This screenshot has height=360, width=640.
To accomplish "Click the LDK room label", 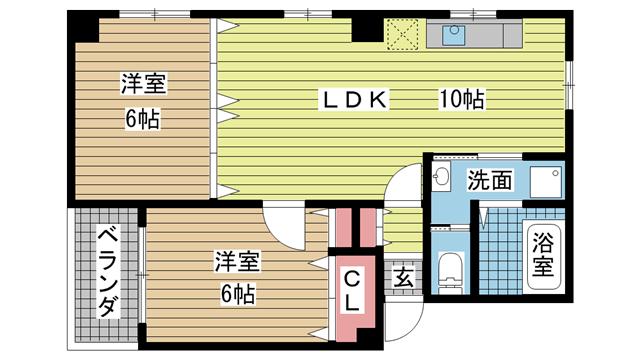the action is tap(354, 100).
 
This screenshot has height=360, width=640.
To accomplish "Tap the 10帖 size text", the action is tap(462, 100).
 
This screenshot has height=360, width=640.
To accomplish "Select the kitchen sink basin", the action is tap(453, 35).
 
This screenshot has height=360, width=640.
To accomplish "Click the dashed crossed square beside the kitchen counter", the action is tap(402, 34).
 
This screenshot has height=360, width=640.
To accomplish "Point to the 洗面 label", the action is tap(490, 180).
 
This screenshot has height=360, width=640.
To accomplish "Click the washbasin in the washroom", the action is tap(440, 177).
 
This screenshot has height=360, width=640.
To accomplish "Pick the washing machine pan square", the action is tap(546, 182).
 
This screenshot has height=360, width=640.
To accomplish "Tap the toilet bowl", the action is tap(451, 272).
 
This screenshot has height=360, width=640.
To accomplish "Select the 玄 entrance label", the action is tap(403, 278).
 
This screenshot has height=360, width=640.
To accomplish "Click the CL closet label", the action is tap(352, 292).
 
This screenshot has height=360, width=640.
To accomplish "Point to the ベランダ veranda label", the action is tap(108, 273).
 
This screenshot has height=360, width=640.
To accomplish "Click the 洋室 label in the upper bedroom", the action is tap(144, 84).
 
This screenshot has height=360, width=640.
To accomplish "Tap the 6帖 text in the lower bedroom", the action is tap(238, 293).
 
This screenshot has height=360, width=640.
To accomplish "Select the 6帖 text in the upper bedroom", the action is tap(142, 120).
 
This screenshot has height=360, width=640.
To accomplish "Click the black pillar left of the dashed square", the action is tap(367, 29).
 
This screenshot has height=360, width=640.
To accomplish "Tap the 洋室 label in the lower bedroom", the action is tap(238, 262).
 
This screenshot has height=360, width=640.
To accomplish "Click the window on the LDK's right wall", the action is tap(569, 85).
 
